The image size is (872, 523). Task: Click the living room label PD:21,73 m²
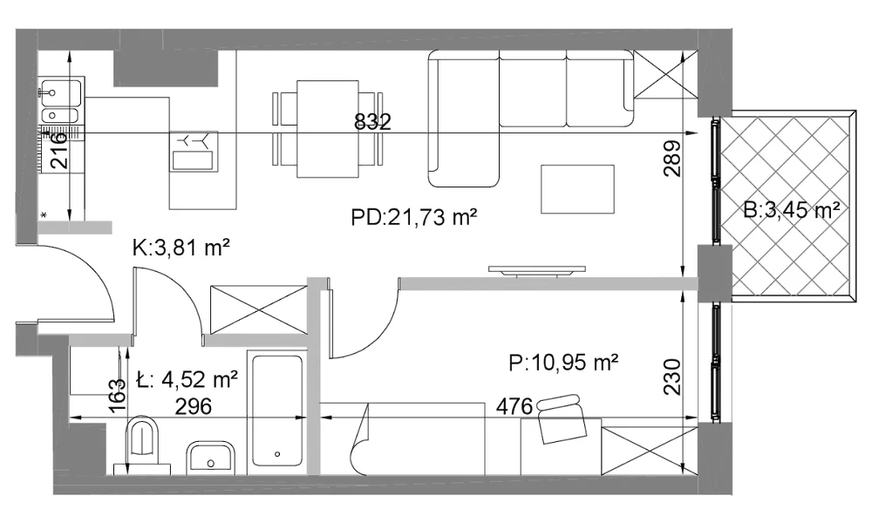point(413,217)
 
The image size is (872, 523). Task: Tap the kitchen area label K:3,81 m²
point(181,248)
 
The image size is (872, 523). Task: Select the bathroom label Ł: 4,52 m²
point(187,379)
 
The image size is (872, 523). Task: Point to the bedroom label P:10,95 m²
point(563,363)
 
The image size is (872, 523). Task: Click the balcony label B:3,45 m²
point(792,210)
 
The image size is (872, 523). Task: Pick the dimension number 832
point(372,122)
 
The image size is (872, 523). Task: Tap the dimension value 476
point(514,406)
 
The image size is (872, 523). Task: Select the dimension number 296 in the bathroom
point(194,406)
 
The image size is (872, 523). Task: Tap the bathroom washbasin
point(211,458)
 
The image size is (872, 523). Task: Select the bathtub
point(277,411)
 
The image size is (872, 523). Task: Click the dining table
point(328,129)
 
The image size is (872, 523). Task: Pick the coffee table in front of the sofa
point(578,189)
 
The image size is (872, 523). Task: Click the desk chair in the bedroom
point(561,418)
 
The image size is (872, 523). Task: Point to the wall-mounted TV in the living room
point(536,271)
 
